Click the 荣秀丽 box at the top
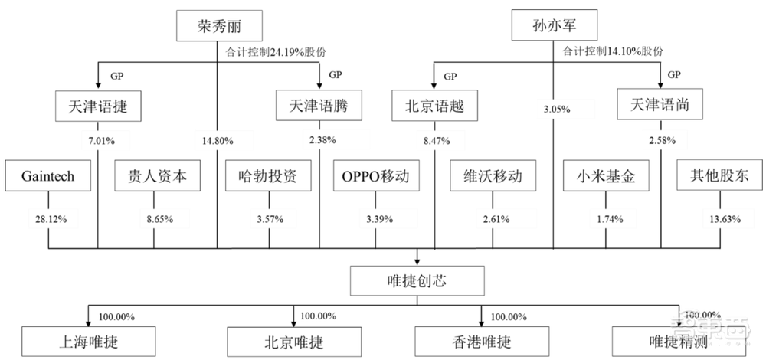pyautogui.click(x=218, y=27)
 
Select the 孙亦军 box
pyautogui.click(x=554, y=27)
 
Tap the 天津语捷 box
pyautogui.click(x=98, y=107)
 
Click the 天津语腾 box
pyautogui.click(x=319, y=107)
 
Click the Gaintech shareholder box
pyautogui.click(x=48, y=177)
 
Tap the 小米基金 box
pyautogui.click(x=602, y=177)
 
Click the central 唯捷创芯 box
pyautogui.click(x=418, y=281)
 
